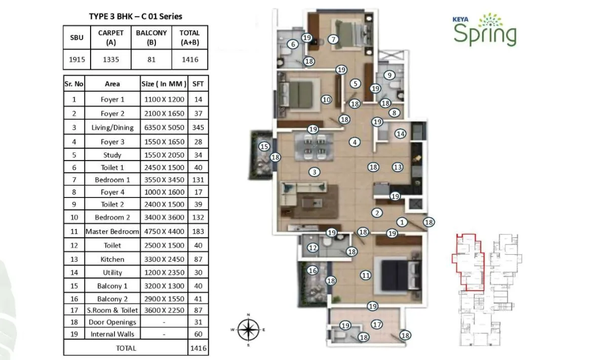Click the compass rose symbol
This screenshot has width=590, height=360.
[x=248, y=330]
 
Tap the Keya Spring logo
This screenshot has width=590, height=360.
[x=485, y=31]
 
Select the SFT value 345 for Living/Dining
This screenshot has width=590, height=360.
[x=198, y=128]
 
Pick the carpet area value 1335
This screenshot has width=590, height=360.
[x=111, y=60]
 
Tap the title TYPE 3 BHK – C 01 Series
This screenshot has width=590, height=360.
[x=135, y=16]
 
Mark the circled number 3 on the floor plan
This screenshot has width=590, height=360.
[x=314, y=172]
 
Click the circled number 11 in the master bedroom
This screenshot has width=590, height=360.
[x=366, y=275]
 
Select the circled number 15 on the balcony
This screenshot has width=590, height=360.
[x=263, y=146]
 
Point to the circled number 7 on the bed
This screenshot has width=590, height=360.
[x=332, y=39]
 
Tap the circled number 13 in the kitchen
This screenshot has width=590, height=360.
[x=398, y=167]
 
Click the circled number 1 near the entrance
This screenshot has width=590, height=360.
[x=402, y=221]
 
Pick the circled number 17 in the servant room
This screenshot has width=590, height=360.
[x=376, y=324]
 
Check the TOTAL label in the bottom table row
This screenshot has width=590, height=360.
[x=126, y=348]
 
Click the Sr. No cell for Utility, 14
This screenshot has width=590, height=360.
[x=74, y=272]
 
